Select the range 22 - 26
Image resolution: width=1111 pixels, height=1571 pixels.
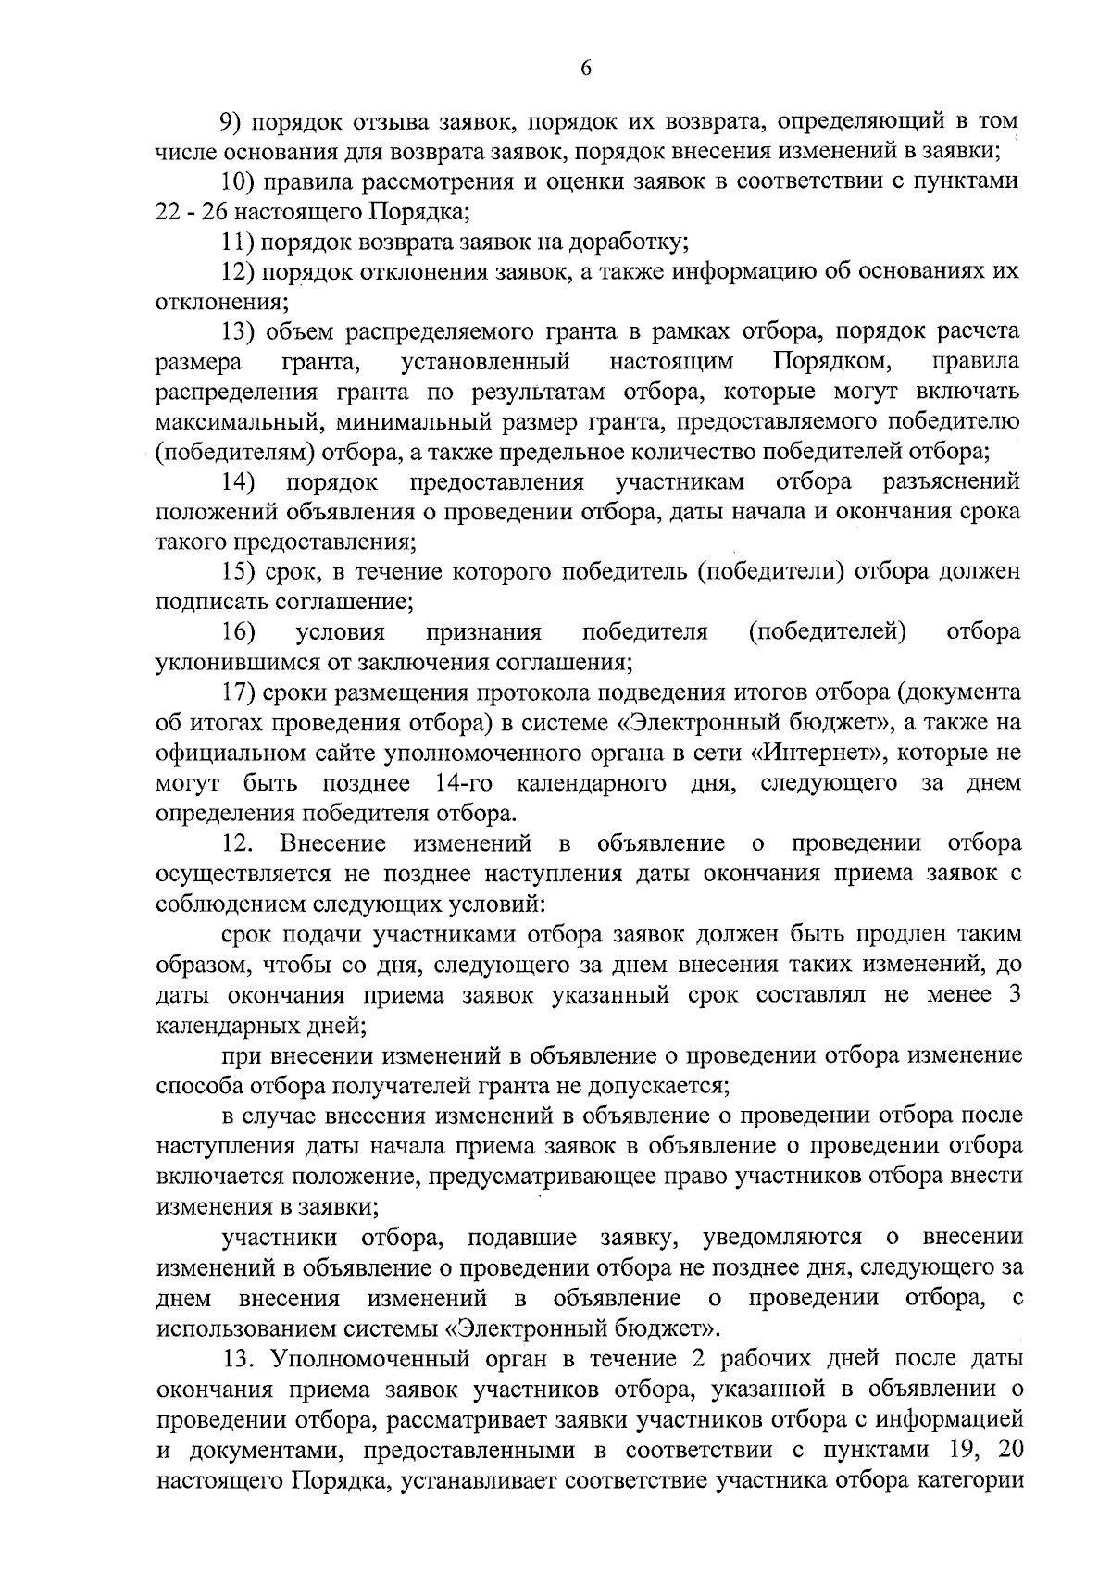pyautogui.click(x=188, y=212)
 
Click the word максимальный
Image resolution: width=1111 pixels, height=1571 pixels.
pyautogui.click(x=238, y=422)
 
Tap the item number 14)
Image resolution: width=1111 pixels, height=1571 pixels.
pyautogui.click(x=238, y=482)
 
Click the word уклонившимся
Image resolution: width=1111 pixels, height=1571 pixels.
pyautogui.click(x=239, y=663)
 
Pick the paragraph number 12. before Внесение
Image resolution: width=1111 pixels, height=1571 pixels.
pyautogui.click(x=236, y=843)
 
